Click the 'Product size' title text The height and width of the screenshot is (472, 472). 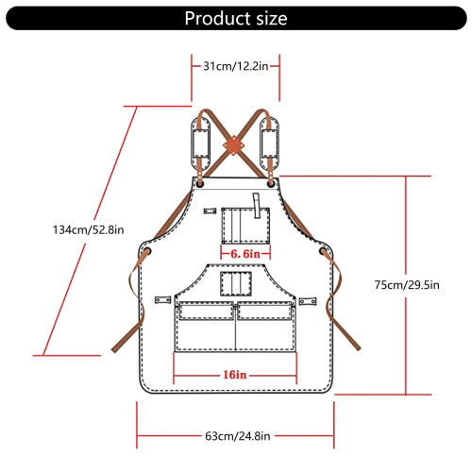point(236,18)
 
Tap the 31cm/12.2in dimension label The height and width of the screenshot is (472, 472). point(235,66)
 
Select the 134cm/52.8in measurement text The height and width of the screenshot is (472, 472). point(88,229)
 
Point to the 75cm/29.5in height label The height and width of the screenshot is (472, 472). point(407,285)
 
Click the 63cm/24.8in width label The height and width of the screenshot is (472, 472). point(238,436)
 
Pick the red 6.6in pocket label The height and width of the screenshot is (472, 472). point(245,254)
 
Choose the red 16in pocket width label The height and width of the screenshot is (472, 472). point(235,375)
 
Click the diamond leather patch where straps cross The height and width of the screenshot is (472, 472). point(234,145)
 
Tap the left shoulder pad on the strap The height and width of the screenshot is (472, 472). point(200,143)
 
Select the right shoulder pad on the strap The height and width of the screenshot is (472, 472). point(269,143)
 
